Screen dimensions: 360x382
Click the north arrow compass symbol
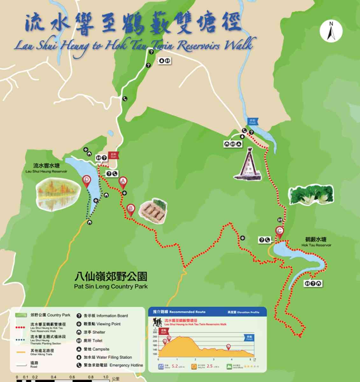tap(331, 31)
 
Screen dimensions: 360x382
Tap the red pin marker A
tap(123, 182)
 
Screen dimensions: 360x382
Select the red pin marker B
tap(131, 209)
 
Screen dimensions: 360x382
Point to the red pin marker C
tap(279, 231)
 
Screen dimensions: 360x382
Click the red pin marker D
tap(86, 180)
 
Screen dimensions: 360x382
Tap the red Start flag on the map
tap(113, 155)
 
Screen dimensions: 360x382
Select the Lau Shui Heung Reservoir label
tap(46, 168)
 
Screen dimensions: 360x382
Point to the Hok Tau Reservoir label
tap(316, 242)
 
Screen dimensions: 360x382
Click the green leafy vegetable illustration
tap(311, 195)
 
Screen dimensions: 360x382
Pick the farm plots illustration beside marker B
tap(154, 211)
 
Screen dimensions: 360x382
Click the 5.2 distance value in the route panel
tap(175, 366)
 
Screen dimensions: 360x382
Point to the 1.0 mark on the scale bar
tap(105, 378)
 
